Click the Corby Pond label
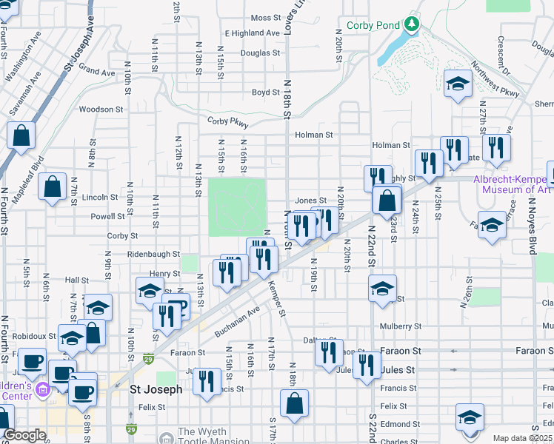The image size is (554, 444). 372,25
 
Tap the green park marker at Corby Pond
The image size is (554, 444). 411,25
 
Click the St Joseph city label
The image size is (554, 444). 156,388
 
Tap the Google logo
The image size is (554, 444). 24,436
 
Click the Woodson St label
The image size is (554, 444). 101,110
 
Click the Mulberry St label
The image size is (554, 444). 400,326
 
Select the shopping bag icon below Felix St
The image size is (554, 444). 294,404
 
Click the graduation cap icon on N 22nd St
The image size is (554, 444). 382,289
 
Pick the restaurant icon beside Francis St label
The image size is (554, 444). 206,381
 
